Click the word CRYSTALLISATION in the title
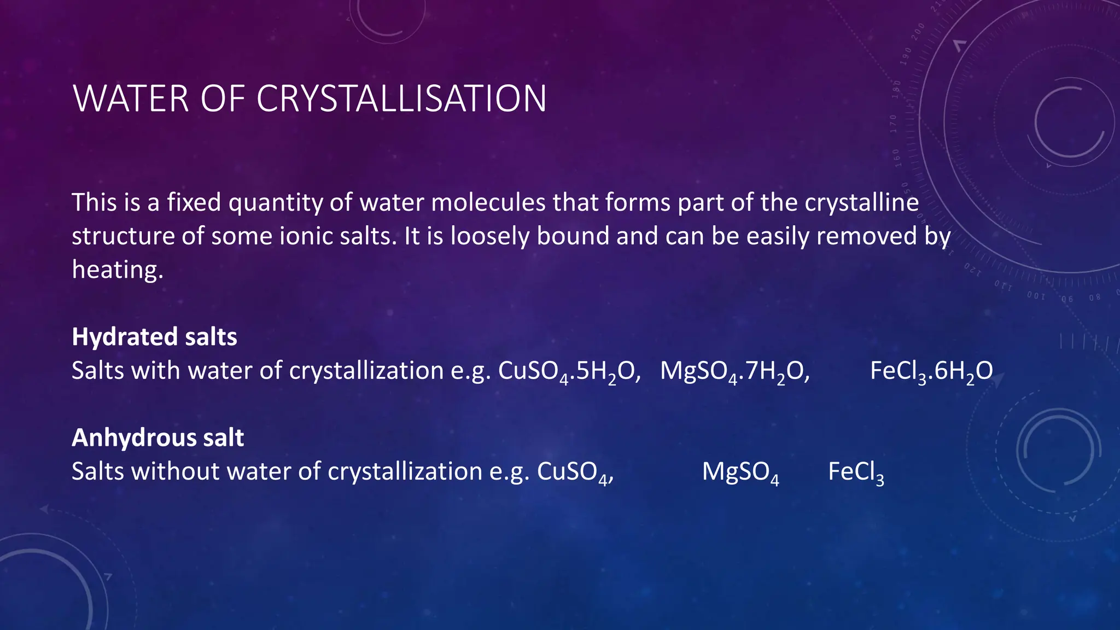[401, 99]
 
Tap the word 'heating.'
[118, 270]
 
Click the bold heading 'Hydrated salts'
[154, 337]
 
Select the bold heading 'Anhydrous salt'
[157, 438]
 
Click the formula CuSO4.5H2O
[569, 371]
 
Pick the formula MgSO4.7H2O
[734, 371]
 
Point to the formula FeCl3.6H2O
[931, 371]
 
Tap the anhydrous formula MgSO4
[740, 472]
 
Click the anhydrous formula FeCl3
[855, 472]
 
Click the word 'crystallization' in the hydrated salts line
[366, 371]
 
